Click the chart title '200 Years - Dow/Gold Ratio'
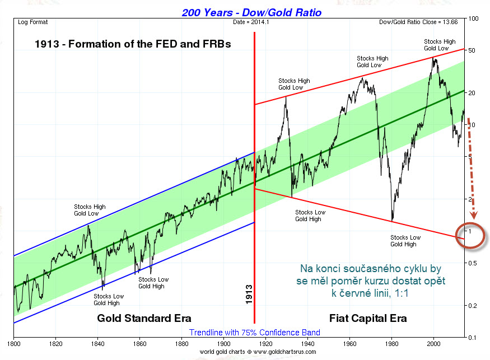pyautogui.click(x=251, y=12)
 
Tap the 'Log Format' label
pyautogui.click(x=33, y=22)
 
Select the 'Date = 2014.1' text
pyautogui.click(x=251, y=22)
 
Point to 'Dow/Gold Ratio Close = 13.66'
pyautogui.click(x=418, y=22)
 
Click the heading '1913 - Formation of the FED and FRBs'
pyautogui.click(x=133, y=44)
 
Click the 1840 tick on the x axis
pyautogui.click(x=97, y=344)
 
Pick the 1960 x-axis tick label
pyautogui.click(x=349, y=344)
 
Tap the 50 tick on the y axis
pyautogui.click(x=472, y=50)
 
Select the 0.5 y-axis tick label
pyautogui.click(x=473, y=263)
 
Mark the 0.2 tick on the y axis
pyautogui.click(x=473, y=306)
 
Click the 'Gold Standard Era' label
pyautogui.click(x=144, y=318)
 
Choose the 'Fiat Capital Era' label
pyautogui.click(x=368, y=318)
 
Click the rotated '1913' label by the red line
pyautogui.click(x=249, y=294)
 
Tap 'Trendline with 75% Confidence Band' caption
pyautogui.click(x=255, y=333)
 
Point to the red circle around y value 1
pyautogui.click(x=456, y=235)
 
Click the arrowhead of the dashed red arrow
pyautogui.click(x=474, y=216)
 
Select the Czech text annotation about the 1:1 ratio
pyautogui.click(x=371, y=280)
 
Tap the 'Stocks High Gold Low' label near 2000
pyautogui.click(x=440, y=45)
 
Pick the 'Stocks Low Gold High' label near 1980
pyautogui.click(x=405, y=241)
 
